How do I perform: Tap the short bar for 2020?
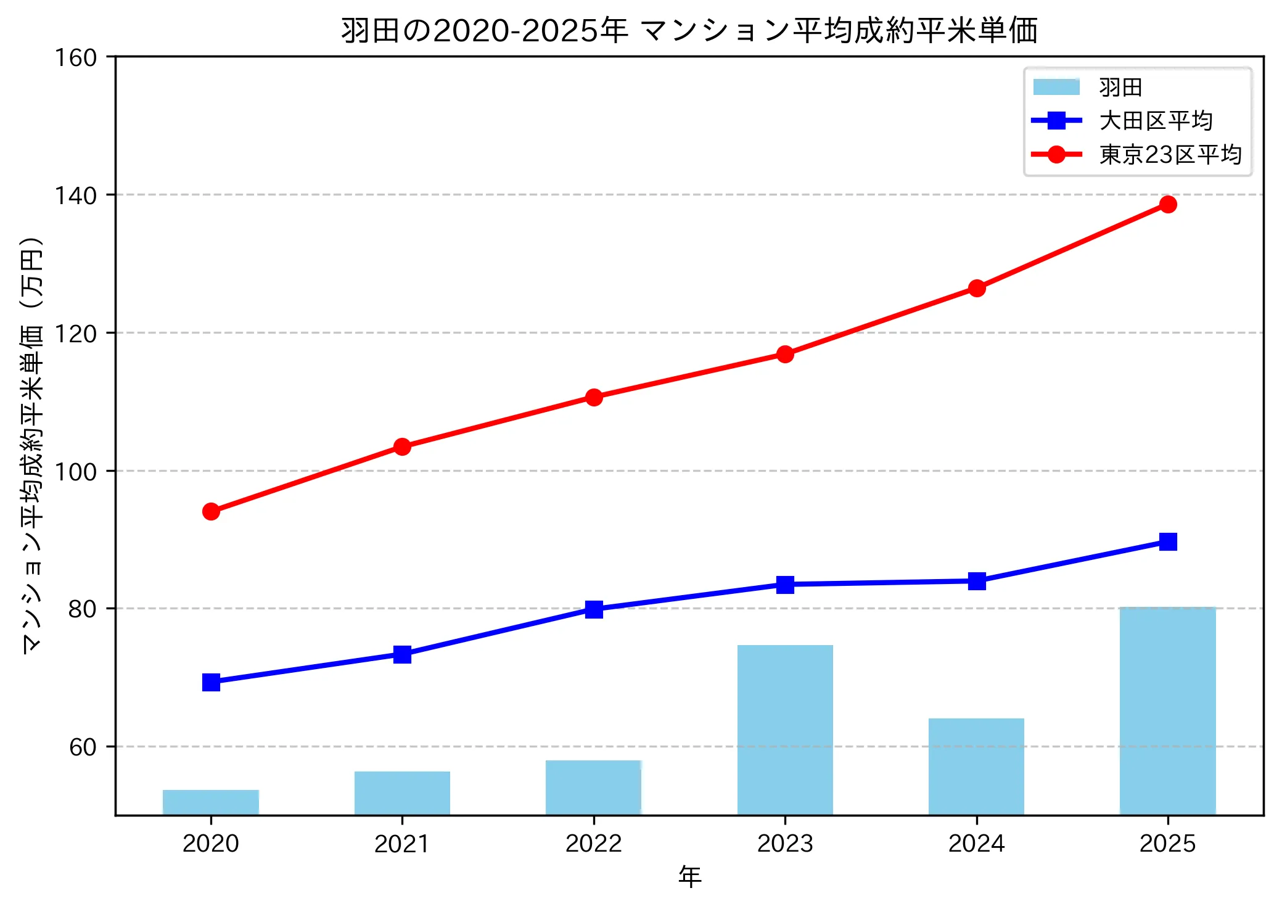point(211,802)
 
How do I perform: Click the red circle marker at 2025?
point(1167,204)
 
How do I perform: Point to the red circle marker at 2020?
point(211,511)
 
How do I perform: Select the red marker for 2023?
point(784,354)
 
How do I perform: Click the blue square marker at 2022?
point(594,609)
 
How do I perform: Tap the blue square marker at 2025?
point(1167,541)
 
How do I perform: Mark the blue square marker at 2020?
point(211,682)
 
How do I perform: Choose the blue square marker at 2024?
point(976,581)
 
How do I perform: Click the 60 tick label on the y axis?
point(83,747)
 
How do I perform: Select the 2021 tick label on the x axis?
point(402,843)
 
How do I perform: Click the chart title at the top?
point(689,30)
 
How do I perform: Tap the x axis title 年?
point(689,876)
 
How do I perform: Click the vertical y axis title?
point(31,444)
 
